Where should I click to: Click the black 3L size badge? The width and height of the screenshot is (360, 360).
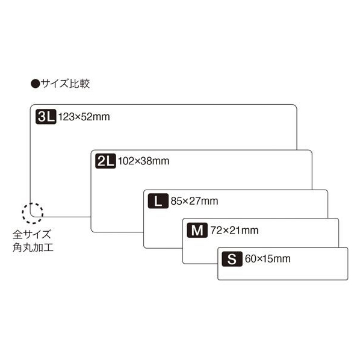46,117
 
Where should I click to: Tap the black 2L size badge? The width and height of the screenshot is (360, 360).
105,161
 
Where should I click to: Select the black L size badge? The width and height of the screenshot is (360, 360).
158,201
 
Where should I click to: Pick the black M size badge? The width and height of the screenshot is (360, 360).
197,230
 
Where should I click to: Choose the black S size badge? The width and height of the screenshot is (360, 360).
232,259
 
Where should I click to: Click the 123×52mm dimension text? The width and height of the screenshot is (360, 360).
84,117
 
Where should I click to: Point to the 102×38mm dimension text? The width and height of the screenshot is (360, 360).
144,161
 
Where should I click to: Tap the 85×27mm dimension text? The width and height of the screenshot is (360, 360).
194,201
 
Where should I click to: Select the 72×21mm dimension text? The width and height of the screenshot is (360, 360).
234,231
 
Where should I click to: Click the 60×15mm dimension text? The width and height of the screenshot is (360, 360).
268,259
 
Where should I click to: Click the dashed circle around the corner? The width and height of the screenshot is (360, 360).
33,203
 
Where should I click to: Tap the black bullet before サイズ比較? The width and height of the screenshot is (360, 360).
36,84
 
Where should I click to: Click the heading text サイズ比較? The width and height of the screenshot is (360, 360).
65,84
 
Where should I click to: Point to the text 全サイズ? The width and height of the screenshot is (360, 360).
32,234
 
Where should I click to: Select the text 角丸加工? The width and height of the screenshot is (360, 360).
33,247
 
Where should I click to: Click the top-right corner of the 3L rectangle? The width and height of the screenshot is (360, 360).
297,105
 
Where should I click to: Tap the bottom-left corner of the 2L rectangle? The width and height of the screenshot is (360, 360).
91,232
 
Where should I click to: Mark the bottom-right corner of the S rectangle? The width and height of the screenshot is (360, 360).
347,280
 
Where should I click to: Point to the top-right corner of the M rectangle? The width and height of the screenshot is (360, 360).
338,219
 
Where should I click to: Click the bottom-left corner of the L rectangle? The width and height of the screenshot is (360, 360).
144,248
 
